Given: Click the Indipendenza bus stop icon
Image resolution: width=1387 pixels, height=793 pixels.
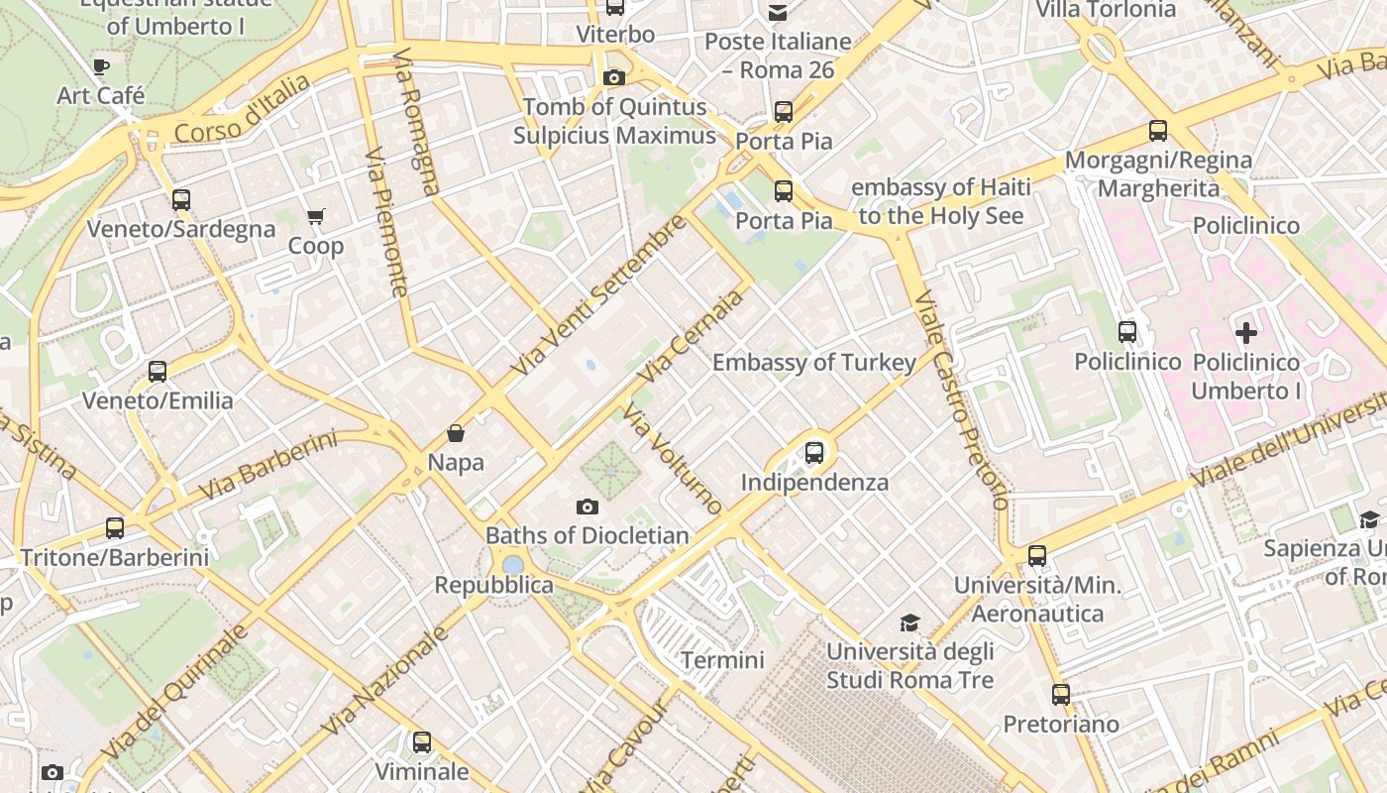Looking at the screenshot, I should click(814, 453).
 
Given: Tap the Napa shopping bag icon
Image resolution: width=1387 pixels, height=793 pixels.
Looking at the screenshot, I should click(456, 433).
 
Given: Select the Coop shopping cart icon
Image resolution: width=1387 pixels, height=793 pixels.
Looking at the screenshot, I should click(316, 216).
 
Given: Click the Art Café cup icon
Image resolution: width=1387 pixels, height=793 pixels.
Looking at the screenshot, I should click(100, 66).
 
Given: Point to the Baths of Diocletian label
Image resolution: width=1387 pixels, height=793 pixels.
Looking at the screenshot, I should click(587, 536).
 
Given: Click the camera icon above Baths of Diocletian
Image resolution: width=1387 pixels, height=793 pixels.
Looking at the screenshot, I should click(587, 507).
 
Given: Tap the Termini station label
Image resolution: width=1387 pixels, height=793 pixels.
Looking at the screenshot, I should click(722, 660).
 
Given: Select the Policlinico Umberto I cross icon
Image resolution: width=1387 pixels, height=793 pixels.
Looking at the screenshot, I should click(1246, 333).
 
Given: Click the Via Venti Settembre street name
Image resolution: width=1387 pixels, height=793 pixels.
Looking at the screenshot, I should click(598, 296).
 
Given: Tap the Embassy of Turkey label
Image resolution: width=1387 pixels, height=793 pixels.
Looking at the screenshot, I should click(814, 363).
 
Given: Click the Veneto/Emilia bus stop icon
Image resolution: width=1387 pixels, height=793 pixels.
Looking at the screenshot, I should click(158, 372).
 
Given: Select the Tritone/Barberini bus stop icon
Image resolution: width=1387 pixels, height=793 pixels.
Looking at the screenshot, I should click(115, 528).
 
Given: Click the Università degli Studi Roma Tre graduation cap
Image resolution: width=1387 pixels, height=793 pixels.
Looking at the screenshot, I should click(909, 623).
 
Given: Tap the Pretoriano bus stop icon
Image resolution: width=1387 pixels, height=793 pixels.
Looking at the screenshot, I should click(1061, 695).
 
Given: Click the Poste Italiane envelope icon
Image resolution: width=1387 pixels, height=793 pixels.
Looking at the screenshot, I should click(778, 12).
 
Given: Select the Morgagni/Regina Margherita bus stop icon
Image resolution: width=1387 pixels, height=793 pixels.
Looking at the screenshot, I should click(1157, 130).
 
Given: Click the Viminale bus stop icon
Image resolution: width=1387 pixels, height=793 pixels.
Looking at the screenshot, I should click(422, 741).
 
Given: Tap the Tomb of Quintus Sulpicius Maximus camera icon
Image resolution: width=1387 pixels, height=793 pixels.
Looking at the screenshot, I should click(614, 77).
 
